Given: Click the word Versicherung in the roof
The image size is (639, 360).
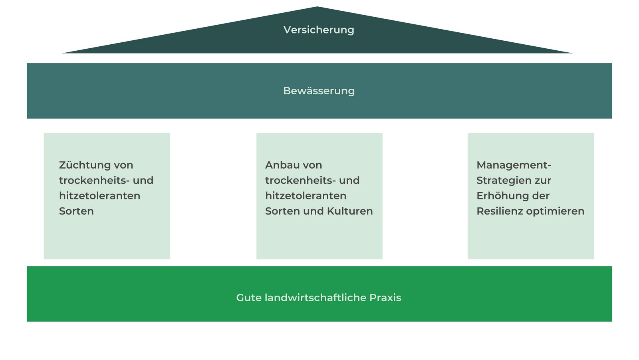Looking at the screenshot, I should [x=319, y=30].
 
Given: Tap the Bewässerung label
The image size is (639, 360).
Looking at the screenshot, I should [x=319, y=91].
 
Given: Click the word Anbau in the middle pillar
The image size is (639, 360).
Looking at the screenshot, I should [x=282, y=165].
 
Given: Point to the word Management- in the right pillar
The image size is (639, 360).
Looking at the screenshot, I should [x=514, y=165].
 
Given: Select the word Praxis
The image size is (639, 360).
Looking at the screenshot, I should [x=385, y=298].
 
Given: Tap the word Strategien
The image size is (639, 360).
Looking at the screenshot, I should [x=500, y=181].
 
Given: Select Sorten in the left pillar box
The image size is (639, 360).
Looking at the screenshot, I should [x=76, y=211].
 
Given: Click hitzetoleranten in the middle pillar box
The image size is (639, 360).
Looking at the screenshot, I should [x=306, y=196].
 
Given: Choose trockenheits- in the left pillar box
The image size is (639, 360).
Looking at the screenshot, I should [x=94, y=181].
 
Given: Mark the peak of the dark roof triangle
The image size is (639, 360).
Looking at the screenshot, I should [x=317, y=8].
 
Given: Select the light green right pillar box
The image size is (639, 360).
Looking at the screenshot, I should [x=531, y=240].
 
